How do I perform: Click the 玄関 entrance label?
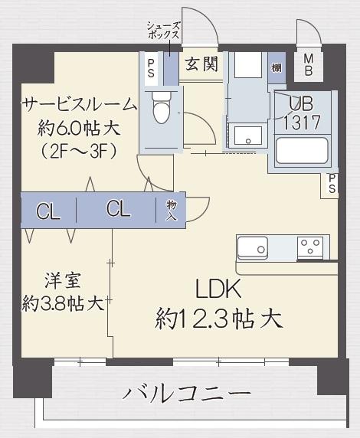(198, 64)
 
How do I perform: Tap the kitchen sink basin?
(252, 247)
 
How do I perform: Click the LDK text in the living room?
(219, 289)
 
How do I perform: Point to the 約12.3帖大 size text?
(219, 317)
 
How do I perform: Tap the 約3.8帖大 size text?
(63, 303)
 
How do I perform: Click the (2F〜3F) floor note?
(68, 151)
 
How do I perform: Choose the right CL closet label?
(119, 211)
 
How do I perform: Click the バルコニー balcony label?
(187, 394)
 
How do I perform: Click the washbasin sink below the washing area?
(247, 138)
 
